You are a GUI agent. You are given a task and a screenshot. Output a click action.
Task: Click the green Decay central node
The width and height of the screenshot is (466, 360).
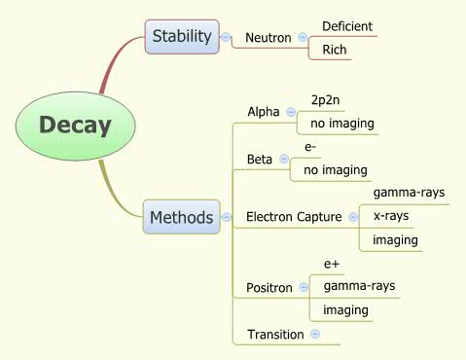pyautogui.click(x=75, y=126)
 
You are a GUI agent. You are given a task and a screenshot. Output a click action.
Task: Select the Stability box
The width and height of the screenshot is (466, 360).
pyautogui.click(x=181, y=37)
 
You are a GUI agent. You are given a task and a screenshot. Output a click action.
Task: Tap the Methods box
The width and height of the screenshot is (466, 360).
pyautogui.click(x=181, y=217)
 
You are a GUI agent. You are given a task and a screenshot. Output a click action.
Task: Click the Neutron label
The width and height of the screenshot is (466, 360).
pyautogui.click(x=269, y=38)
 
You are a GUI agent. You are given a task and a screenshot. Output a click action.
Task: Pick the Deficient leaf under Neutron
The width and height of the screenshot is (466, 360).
pyautogui.click(x=347, y=26)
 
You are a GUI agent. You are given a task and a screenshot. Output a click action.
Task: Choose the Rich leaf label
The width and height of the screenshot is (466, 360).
pyautogui.click(x=335, y=50)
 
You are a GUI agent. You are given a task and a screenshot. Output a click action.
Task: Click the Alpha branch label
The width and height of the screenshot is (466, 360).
pyautogui.click(x=264, y=111)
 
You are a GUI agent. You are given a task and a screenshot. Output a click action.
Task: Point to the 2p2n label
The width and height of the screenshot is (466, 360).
pyautogui.click(x=326, y=100)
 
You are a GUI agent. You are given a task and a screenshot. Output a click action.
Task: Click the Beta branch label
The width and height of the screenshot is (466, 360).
pyautogui.click(x=260, y=159)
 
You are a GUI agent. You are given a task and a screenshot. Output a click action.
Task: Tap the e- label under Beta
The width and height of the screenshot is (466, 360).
pyautogui.click(x=311, y=147)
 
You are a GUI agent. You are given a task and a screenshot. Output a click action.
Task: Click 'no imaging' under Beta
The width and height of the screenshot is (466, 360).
pyautogui.click(x=335, y=170)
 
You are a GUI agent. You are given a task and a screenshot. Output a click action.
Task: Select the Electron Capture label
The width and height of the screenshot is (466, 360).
pyautogui.click(x=294, y=216)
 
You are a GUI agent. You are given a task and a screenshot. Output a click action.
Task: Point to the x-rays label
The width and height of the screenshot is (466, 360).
pyautogui.click(x=391, y=216)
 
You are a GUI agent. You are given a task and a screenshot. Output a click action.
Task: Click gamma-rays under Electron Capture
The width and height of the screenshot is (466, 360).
pyautogui.click(x=409, y=193)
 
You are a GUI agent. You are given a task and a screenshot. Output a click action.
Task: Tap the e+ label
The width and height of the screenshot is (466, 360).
pyautogui.click(x=331, y=264)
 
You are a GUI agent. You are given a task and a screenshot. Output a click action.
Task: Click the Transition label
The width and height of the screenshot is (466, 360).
pyautogui.click(x=275, y=334)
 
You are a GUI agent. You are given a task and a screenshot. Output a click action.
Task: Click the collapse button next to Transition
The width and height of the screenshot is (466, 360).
pyautogui.click(x=315, y=334)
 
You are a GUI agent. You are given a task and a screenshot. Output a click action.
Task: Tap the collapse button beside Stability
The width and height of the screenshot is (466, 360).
pyautogui.click(x=226, y=38)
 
